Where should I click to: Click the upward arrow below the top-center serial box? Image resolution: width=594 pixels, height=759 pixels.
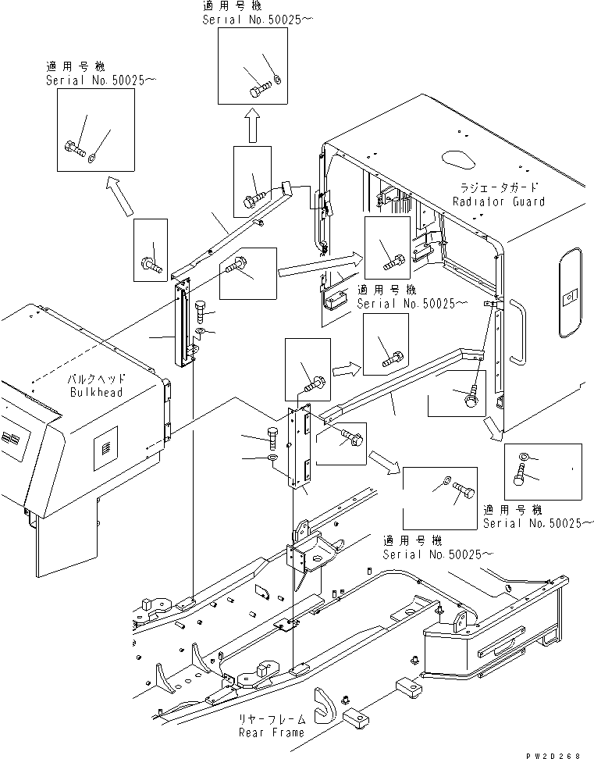coord(251,125)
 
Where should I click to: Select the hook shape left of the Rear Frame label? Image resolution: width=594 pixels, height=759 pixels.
coord(323,706)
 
